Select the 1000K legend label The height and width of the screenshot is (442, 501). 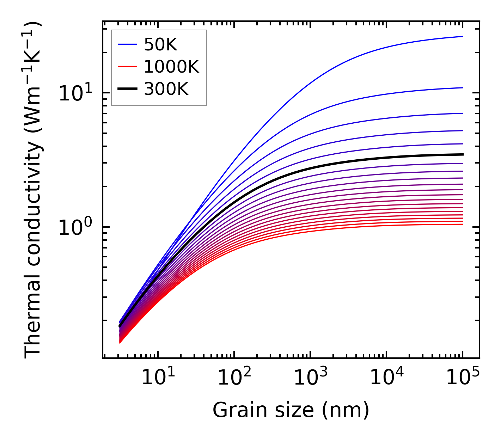point(171,67)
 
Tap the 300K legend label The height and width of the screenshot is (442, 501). point(166,89)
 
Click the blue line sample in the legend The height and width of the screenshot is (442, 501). point(127,44)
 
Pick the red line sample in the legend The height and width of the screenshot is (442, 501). point(127,67)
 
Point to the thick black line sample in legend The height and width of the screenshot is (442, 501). point(127,89)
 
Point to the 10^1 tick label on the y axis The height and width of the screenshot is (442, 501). point(74,93)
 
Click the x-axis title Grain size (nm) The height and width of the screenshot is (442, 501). point(291,410)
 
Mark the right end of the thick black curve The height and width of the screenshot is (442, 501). point(462,154)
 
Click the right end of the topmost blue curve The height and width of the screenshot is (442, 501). point(462,36)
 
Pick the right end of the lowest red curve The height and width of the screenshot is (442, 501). point(462,224)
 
